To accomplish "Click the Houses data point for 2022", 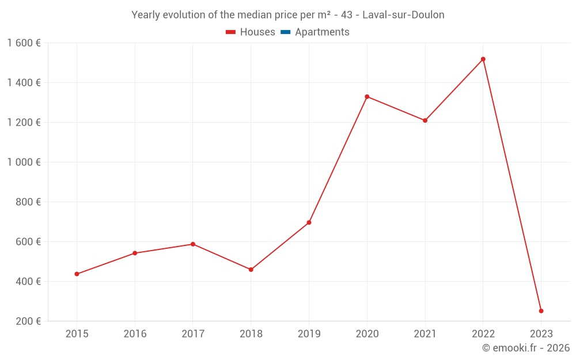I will tap(483, 59).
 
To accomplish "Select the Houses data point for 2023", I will tap(541, 311).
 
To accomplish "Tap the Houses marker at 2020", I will tap(367, 97).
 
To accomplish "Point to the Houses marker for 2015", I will tap(77, 274).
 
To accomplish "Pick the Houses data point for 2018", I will tap(251, 270).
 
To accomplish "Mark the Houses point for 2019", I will tap(309, 222).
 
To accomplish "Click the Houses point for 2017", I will tap(193, 244).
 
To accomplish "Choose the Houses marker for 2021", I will tap(425, 120).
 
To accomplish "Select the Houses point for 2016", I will tap(135, 253).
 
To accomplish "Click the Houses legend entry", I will tap(251, 32).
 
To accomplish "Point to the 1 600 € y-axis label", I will tap(24, 43).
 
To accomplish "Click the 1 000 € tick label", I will tap(24, 162).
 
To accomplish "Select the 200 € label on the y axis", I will tap(28, 321).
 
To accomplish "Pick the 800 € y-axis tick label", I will tap(28, 202).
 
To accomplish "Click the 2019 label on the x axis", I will tap(309, 334).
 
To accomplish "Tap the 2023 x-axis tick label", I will tap(541, 334).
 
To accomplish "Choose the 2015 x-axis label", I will tap(77, 334).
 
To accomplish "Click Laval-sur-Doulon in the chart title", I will tap(403, 15).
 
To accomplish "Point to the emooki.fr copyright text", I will tap(525, 348).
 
